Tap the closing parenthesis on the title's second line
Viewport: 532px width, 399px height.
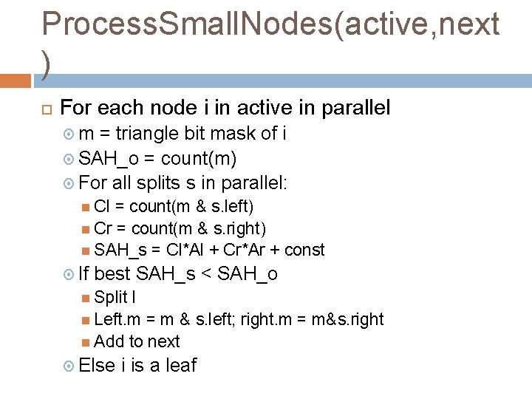pyautogui.click(x=47, y=66)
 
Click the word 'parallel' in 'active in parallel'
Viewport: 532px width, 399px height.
pyautogui.click(x=355, y=109)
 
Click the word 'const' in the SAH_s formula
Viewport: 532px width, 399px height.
pyautogui.click(x=304, y=250)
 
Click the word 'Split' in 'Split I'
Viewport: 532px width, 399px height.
pyautogui.click(x=111, y=297)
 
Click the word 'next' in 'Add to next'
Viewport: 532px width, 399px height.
pyautogui.click(x=163, y=341)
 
